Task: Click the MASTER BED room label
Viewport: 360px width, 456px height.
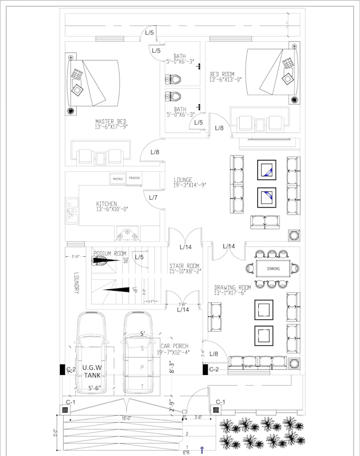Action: (111, 124)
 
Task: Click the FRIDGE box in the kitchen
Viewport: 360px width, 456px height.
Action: (134, 178)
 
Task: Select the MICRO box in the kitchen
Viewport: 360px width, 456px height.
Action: (118, 179)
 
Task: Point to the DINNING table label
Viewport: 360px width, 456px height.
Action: (273, 269)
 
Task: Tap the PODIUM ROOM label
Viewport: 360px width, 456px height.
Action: (110, 254)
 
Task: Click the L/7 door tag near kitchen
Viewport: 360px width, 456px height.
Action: (153, 198)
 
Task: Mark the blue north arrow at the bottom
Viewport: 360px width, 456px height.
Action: (202, 450)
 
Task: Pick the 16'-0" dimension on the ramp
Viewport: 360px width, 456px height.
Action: (125, 418)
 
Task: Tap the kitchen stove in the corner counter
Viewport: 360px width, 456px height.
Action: (127, 233)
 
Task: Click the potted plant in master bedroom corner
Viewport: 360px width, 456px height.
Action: (71, 111)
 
